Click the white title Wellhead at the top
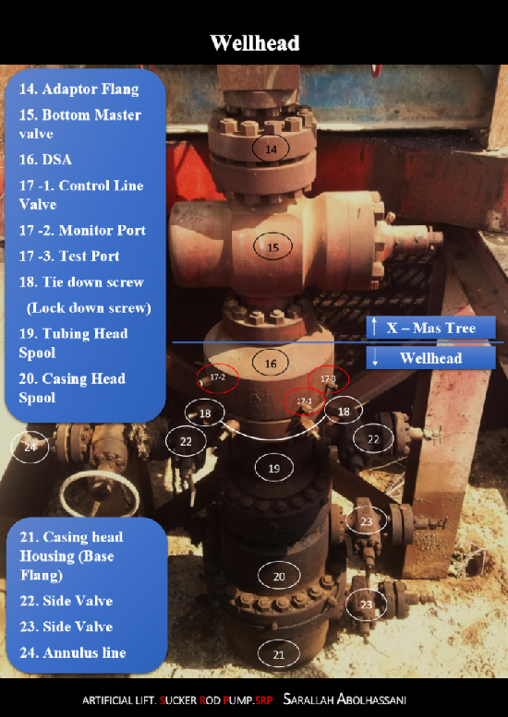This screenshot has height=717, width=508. [x=254, y=42]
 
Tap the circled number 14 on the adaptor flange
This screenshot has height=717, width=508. [x=271, y=149]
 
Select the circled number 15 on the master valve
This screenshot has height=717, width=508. [x=272, y=247]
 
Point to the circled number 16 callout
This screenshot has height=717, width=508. [x=271, y=364]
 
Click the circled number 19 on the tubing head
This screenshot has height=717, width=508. [x=273, y=469]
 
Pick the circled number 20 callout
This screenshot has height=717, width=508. [x=279, y=576]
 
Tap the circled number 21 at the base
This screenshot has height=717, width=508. [x=279, y=654]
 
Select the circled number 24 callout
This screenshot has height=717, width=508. [x=30, y=448]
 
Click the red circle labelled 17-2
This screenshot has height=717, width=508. [x=218, y=377]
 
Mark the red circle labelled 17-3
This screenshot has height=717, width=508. [x=328, y=379]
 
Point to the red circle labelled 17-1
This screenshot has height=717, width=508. [x=304, y=401]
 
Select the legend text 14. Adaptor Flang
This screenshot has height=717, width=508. [x=79, y=90]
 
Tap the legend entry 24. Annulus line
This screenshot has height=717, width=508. [x=73, y=652]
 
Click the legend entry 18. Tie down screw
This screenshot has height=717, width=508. [x=81, y=281]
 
